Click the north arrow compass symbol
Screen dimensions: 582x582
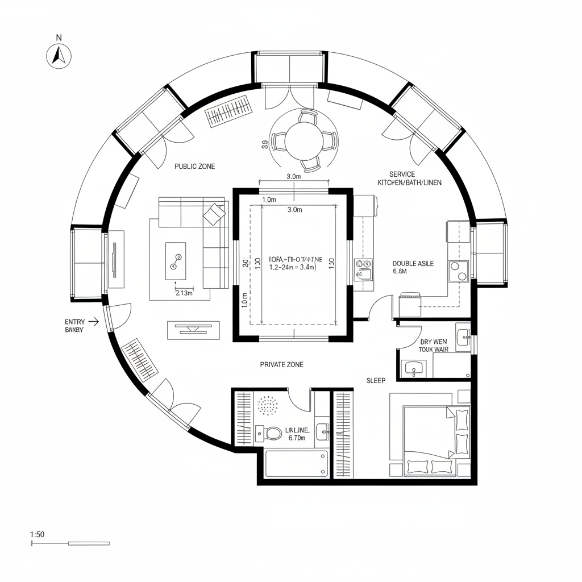pyautogui.click(x=57, y=55)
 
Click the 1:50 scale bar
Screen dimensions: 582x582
pyautogui.click(x=70, y=543)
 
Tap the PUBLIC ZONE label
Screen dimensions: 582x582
pyautogui.click(x=195, y=167)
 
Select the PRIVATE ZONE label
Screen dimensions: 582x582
pyautogui.click(x=281, y=364)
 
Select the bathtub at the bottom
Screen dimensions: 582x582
pyautogui.click(x=297, y=463)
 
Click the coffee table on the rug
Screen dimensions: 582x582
pyautogui.click(x=175, y=261)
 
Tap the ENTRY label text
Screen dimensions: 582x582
pyautogui.click(x=75, y=322)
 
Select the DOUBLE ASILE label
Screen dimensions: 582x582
pyautogui.click(x=413, y=264)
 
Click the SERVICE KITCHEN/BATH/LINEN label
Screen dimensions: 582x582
pyautogui.click(x=409, y=178)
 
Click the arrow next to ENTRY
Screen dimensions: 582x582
pyautogui.click(x=94, y=322)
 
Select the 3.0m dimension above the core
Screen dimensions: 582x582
pyautogui.click(x=293, y=177)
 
